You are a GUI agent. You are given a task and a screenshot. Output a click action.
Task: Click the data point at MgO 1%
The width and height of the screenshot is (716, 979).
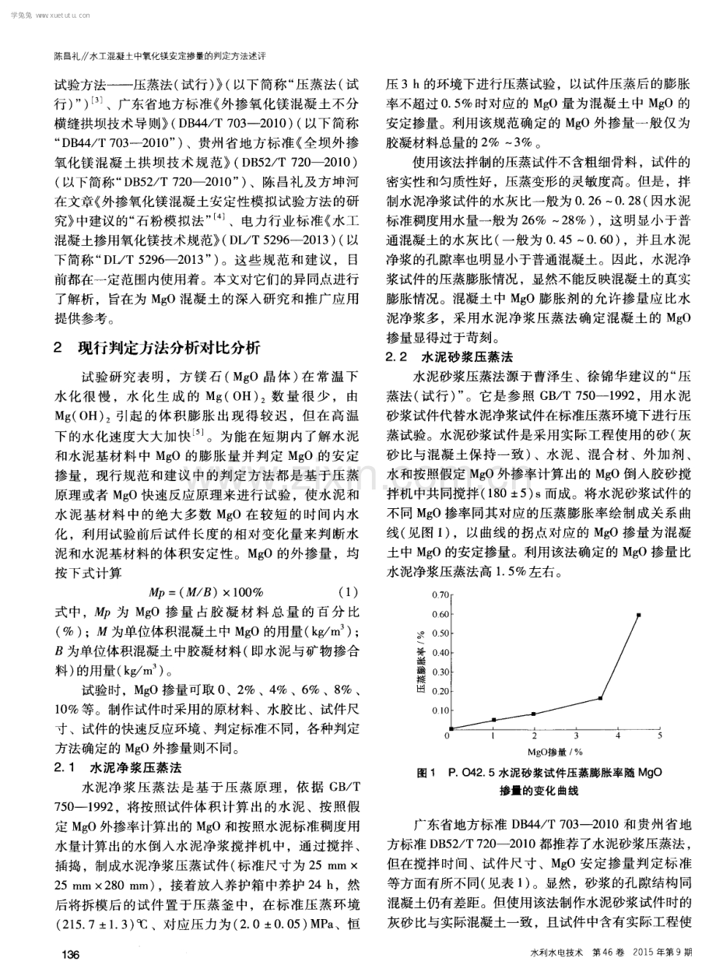pos(493,720)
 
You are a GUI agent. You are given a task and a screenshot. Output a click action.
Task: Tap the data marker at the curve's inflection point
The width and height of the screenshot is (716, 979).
pos(600,698)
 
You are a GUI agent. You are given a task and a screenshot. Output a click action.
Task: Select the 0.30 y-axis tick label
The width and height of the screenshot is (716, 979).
pos(440,671)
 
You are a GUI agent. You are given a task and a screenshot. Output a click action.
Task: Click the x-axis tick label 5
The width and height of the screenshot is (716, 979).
pos(660,735)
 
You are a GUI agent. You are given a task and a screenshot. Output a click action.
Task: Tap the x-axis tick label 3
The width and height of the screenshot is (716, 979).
pos(576,735)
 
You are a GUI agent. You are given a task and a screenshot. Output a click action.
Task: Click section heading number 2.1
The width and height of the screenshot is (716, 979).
pos(64,767)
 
